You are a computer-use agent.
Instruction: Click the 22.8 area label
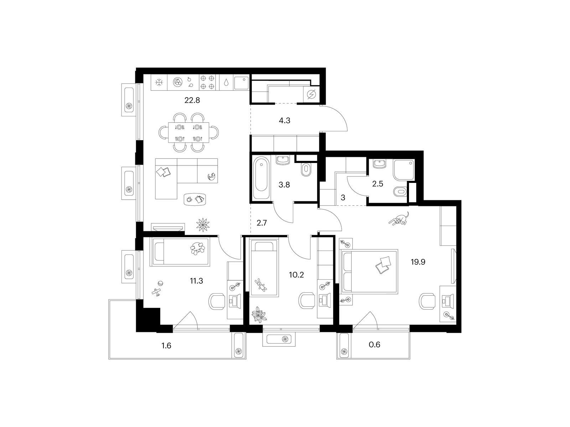[192, 100]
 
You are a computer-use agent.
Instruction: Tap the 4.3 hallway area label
[284, 121]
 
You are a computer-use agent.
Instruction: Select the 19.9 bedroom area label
[418, 262]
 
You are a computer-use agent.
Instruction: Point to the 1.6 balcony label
[166, 345]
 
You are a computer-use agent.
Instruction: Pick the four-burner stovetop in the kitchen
[207, 82]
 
